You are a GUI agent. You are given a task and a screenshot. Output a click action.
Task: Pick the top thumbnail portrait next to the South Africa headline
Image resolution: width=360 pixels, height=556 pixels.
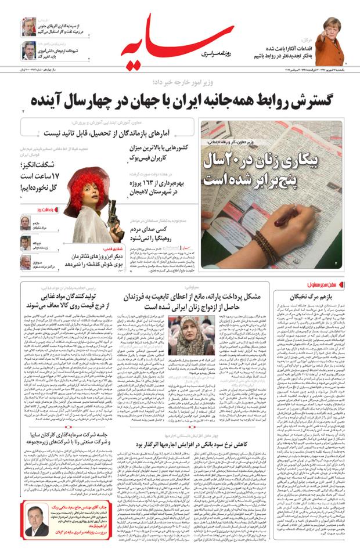29,27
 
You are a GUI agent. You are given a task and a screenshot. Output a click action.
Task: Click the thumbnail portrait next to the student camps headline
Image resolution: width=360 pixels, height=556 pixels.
29,51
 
